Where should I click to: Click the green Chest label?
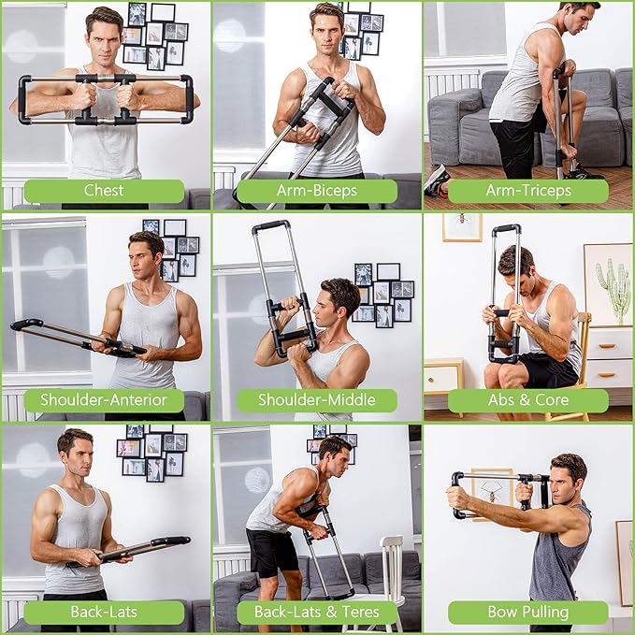coord(104,191)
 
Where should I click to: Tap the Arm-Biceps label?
coord(316,191)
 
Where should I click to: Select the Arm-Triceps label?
coord(528,191)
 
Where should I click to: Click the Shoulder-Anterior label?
coord(104,401)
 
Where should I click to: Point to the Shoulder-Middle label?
coord(316,401)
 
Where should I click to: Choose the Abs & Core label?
coord(528,401)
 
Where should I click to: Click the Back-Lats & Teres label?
coord(316,613)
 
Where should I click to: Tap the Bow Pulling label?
coord(528,613)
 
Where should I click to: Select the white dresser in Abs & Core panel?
coord(607,360)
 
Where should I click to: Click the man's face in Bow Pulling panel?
coord(568,480)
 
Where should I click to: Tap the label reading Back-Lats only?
coord(104,613)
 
